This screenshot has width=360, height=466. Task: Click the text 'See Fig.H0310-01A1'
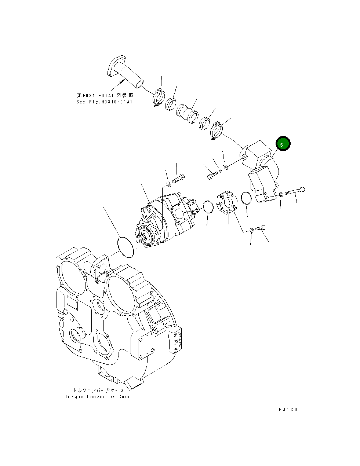click(104, 102)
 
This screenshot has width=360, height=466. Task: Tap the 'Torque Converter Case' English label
click(98, 397)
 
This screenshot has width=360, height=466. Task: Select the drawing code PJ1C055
click(291, 410)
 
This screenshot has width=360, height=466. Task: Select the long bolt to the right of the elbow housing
click(295, 191)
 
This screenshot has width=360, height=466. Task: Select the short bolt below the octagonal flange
click(261, 228)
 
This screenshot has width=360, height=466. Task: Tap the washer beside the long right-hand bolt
click(281, 194)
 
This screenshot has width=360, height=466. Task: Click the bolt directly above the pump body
click(178, 179)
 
